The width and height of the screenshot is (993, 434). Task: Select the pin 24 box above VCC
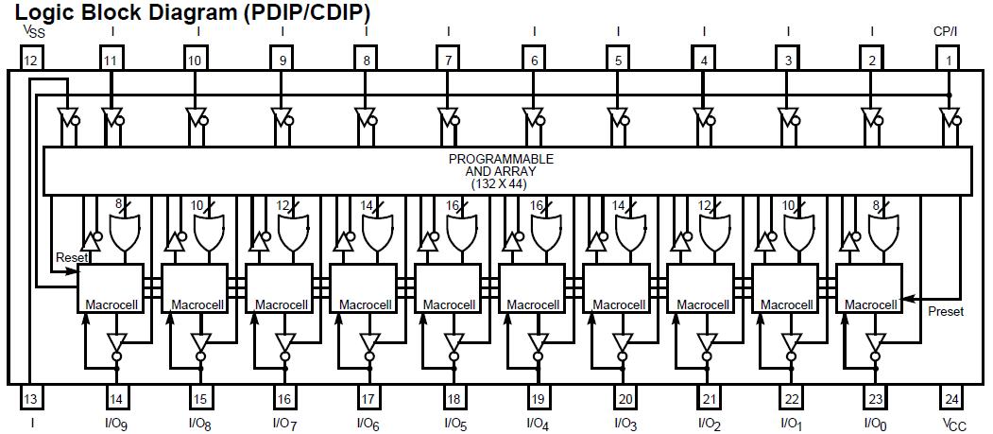(x=951, y=398)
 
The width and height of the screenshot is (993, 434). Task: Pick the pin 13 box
(x=31, y=398)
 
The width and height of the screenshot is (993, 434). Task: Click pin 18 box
(x=454, y=398)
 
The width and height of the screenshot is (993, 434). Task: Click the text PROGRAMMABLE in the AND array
(x=501, y=159)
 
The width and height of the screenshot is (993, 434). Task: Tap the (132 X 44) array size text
(x=501, y=183)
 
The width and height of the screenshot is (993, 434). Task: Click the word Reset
(x=72, y=257)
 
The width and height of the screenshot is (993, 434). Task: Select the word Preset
(x=946, y=311)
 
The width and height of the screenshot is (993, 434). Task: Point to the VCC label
(x=952, y=424)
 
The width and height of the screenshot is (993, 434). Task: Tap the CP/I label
(x=947, y=30)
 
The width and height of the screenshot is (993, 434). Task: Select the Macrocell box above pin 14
(x=110, y=287)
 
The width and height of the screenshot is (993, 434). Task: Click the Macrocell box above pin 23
(x=868, y=287)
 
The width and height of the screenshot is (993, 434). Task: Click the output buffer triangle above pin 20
(x=622, y=342)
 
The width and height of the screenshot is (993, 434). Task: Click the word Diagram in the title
(x=188, y=12)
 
